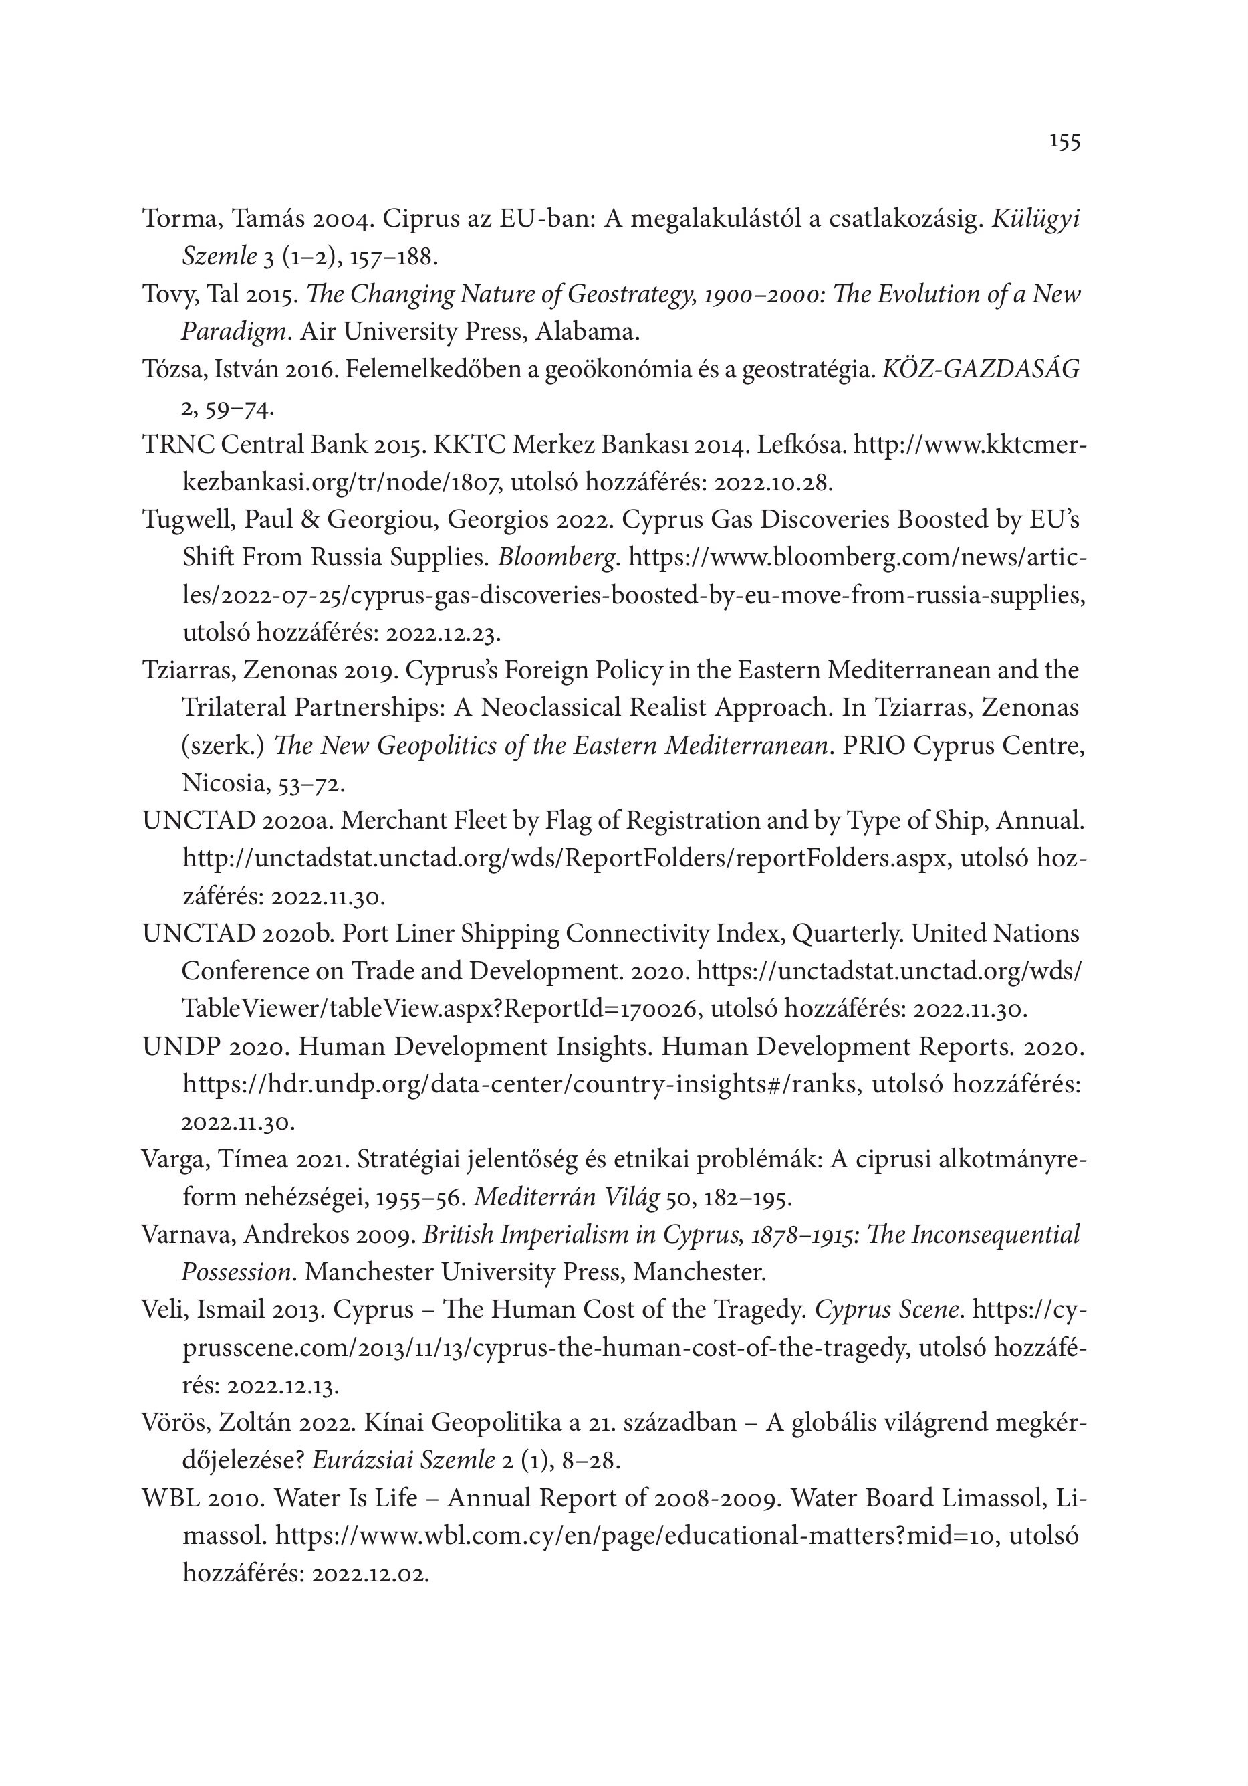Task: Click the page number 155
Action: tap(1064, 142)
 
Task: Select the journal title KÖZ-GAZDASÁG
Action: tap(981, 369)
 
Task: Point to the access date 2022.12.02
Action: tap(370, 1574)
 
